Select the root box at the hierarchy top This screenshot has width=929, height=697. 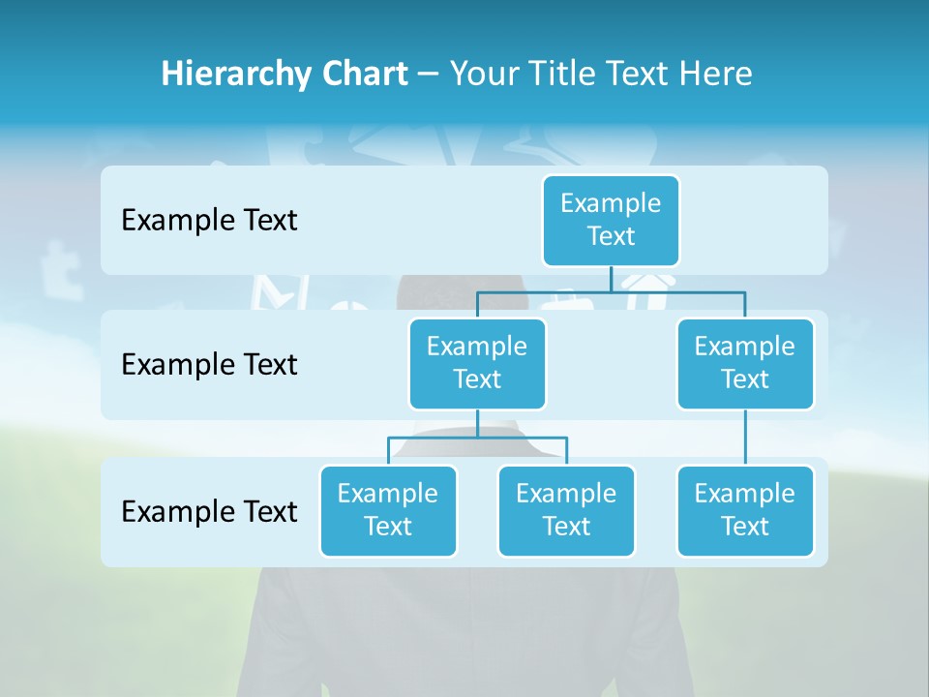pos(611,220)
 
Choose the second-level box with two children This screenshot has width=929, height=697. pos(477,363)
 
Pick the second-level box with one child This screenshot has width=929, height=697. pos(745,363)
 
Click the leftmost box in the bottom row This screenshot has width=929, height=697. pos(388,510)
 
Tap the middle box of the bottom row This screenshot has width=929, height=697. pos(566,510)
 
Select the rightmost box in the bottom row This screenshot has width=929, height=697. pos(745,510)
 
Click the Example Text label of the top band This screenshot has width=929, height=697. pos(209,220)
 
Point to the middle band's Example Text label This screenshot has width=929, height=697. pos(209,364)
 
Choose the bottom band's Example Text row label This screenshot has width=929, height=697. pos(209,511)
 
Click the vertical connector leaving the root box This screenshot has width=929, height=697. pos(611,279)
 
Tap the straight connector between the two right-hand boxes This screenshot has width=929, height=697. pos(745,438)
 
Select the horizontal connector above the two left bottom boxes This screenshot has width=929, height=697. pos(477,438)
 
